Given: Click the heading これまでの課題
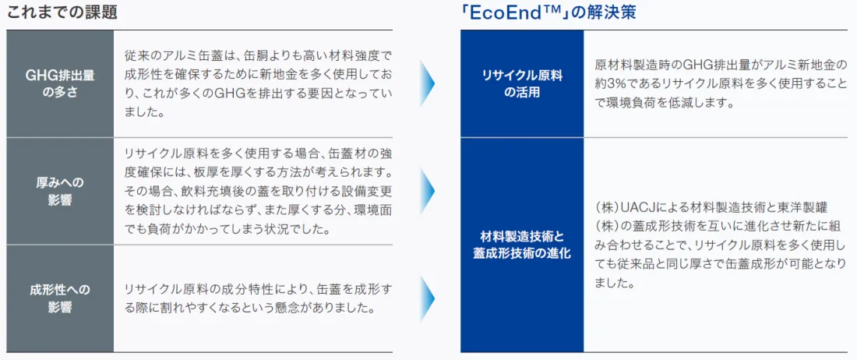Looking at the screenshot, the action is point(62,12).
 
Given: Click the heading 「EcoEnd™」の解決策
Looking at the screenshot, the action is point(548,12).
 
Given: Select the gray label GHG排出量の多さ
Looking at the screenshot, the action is point(60,83).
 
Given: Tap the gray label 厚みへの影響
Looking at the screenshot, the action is point(60,191).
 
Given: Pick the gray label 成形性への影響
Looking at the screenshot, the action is point(60,298).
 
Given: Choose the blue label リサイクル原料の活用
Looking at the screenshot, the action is point(522,83).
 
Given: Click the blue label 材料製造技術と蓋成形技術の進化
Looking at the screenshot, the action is point(522,245).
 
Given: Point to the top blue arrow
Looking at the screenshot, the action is point(428,83).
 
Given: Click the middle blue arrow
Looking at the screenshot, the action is point(428,191).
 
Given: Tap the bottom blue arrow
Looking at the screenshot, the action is point(428,298).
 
